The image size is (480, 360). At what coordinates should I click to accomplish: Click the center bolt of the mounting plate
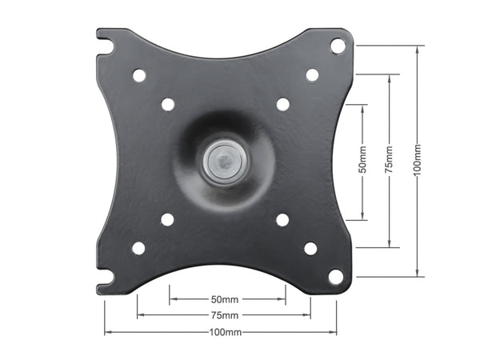224,161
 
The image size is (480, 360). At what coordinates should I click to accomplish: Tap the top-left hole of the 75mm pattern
139,75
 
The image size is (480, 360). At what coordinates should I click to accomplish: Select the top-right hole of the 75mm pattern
312,75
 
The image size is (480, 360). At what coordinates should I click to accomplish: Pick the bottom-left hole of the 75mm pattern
138,248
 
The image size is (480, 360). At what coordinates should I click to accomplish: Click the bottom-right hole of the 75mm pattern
310,248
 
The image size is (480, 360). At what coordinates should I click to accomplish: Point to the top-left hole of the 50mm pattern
168,104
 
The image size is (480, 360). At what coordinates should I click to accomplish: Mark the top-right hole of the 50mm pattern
282,104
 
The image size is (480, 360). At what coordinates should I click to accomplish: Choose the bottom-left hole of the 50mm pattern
167,219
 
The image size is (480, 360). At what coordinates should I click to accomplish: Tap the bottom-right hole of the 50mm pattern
282,219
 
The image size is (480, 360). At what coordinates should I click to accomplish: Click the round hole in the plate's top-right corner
338,46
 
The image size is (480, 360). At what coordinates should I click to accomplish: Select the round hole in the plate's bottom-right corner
336,277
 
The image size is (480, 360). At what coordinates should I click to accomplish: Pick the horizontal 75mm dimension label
225,314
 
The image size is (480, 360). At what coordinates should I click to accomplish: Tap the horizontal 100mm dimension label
225,331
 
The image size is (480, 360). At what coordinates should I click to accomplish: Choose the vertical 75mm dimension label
390,161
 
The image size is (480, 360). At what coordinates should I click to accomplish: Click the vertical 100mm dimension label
418,161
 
